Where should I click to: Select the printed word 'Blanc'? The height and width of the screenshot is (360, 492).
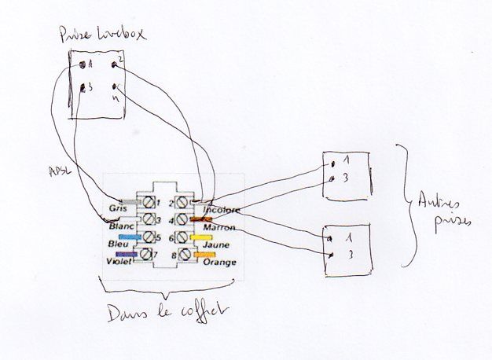[x=122, y=227]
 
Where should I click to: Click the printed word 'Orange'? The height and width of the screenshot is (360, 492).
[x=218, y=262]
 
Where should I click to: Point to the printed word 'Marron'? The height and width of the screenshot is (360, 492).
[x=219, y=228]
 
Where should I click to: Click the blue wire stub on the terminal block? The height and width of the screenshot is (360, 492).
[x=129, y=236]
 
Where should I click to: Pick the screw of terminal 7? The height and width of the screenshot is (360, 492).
[x=146, y=254]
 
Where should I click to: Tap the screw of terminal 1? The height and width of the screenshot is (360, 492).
[x=145, y=203]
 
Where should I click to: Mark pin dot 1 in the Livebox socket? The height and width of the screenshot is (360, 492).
[x=83, y=64]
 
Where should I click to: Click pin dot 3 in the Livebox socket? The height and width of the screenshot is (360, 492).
[x=83, y=88]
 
